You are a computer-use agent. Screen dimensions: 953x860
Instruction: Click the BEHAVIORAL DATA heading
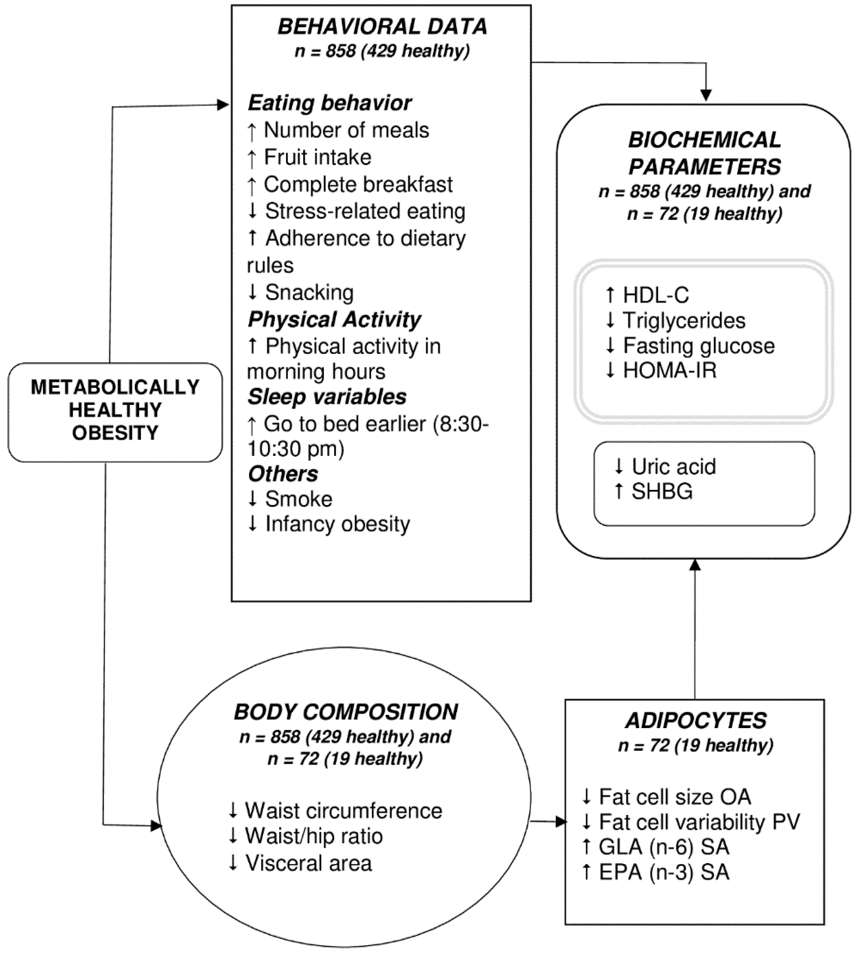point(382,27)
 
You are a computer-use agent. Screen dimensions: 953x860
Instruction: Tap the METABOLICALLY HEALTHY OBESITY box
point(115,410)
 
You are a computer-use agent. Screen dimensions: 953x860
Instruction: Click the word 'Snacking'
point(309,292)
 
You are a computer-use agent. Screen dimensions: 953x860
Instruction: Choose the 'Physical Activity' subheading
point(334,320)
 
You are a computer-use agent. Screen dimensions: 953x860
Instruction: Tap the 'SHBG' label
point(661,492)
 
